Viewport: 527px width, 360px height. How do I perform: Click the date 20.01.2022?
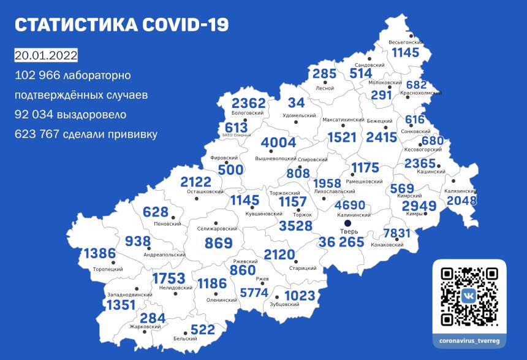46,56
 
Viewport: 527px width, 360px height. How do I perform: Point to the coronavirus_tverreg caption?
469,338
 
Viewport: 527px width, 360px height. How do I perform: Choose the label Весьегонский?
405,42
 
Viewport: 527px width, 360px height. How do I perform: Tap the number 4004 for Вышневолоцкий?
279,144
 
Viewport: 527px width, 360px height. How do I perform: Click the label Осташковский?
205,192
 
